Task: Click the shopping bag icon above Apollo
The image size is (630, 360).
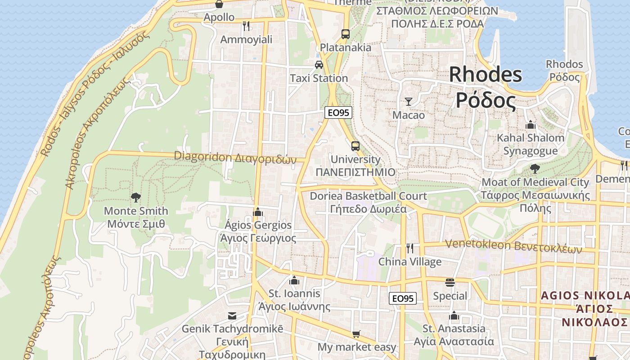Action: click(219, 4)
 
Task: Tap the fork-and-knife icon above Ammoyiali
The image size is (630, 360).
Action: click(246, 26)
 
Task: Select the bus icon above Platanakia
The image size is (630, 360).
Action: click(345, 34)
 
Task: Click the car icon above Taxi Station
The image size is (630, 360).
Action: click(319, 64)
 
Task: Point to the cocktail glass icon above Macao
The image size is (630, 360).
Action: click(408, 101)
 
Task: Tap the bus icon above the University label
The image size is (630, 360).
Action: click(355, 146)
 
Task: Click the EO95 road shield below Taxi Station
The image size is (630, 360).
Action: click(338, 112)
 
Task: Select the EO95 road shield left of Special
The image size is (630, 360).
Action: click(403, 298)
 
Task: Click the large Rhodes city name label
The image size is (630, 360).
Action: click(486, 87)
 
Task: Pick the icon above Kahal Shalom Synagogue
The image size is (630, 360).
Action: click(531, 124)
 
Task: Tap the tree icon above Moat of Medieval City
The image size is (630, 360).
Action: click(535, 169)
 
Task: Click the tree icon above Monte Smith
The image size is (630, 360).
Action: click(135, 197)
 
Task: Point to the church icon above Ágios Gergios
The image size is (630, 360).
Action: click(258, 211)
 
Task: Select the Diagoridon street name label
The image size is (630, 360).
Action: click(235, 157)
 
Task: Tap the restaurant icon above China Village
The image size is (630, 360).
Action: click(409, 248)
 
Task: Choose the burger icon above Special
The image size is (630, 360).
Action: click(450, 283)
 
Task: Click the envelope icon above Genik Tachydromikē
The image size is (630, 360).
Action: click(232, 315)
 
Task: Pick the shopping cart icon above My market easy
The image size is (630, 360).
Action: click(356, 334)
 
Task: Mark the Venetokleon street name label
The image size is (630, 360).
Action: click(513, 246)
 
